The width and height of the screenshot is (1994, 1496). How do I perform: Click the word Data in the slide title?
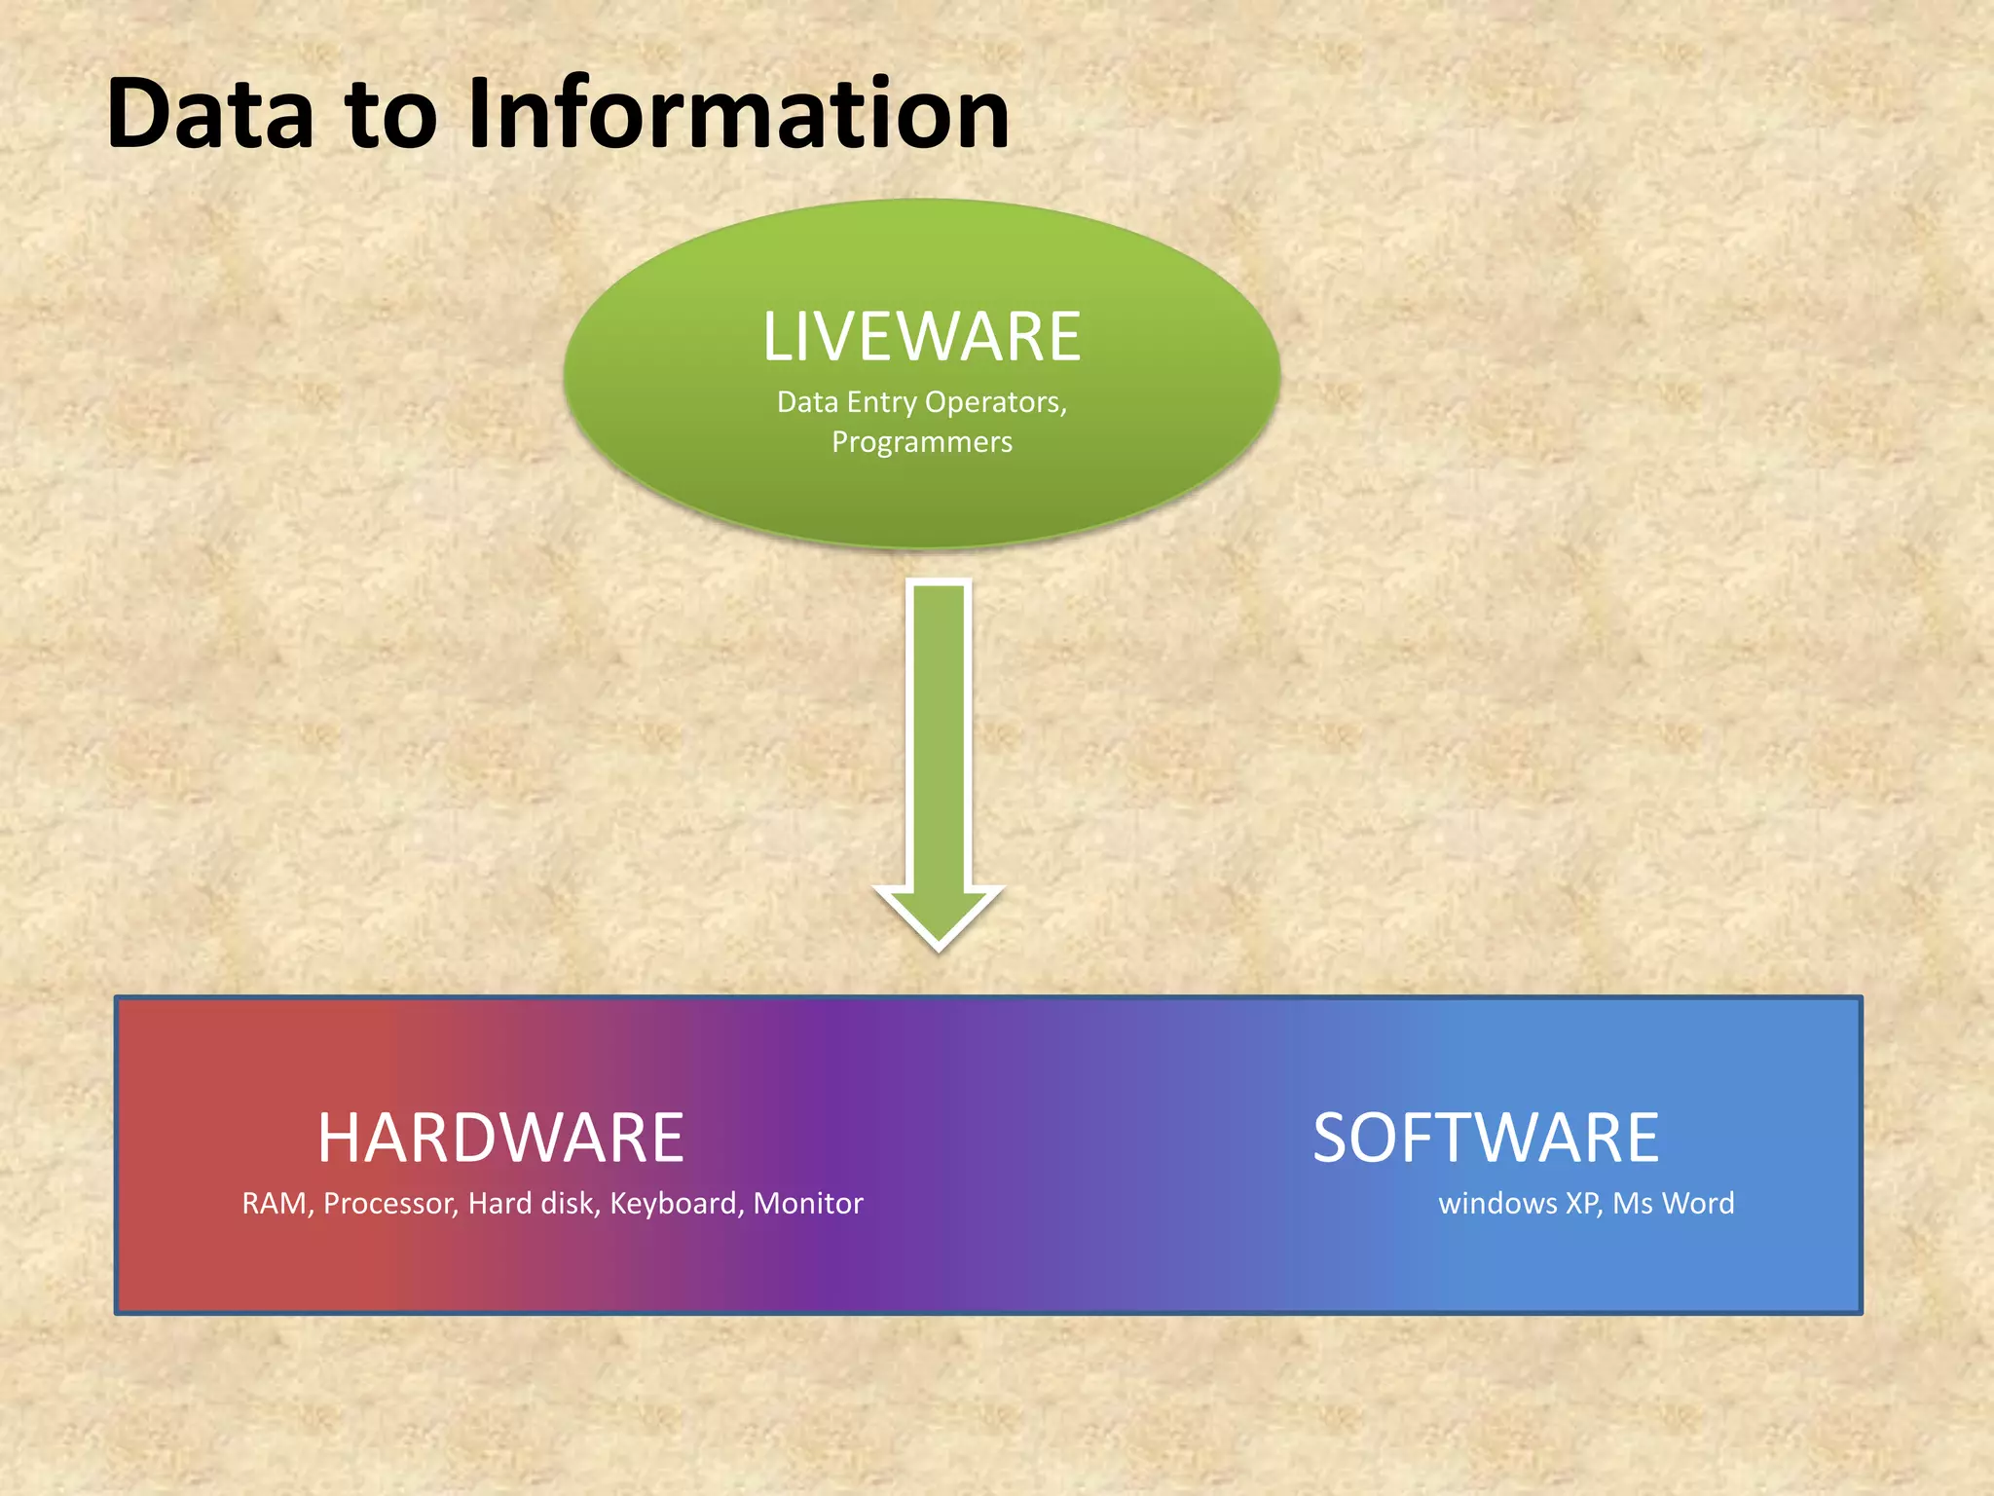point(210,115)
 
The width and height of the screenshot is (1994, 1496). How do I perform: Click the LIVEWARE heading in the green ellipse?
point(921,337)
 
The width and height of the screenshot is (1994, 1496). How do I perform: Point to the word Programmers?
point(921,442)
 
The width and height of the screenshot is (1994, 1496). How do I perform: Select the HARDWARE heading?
point(500,1138)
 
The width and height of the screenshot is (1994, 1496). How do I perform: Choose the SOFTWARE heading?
point(1486,1138)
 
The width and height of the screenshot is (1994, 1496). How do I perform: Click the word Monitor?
point(808,1204)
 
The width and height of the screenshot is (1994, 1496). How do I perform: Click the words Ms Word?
point(1673,1204)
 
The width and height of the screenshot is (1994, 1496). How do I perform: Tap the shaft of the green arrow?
point(939,730)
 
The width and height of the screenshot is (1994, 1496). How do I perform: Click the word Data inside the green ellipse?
point(806,402)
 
